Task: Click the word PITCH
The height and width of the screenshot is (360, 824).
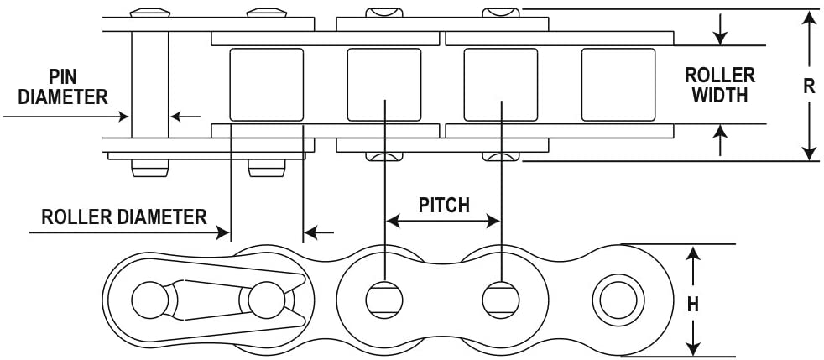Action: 444,205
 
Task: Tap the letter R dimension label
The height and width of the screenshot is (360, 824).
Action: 809,86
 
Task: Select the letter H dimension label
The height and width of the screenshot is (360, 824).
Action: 693,304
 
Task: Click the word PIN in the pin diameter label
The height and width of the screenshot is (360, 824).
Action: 63,78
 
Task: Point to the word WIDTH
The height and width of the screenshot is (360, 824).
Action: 719,95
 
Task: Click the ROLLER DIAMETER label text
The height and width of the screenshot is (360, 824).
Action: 124,217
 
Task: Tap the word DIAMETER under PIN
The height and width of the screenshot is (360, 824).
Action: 63,97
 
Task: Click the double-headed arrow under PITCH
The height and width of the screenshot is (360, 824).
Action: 443,222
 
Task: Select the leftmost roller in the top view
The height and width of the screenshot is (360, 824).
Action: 267,85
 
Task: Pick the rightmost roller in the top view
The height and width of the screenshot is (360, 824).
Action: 618,85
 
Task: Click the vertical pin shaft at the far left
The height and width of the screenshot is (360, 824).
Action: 149,84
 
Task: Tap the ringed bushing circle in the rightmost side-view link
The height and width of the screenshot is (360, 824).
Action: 618,300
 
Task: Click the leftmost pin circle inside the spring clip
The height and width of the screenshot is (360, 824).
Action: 150,300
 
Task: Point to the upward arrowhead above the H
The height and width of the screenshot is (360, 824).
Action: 694,258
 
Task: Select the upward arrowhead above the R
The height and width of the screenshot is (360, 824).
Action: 809,19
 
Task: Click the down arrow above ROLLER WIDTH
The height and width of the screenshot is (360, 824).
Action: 721,29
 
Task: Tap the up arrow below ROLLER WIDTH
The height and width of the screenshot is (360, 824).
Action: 721,140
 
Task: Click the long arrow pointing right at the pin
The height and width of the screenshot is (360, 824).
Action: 65,116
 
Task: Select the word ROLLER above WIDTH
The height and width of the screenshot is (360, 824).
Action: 720,76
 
